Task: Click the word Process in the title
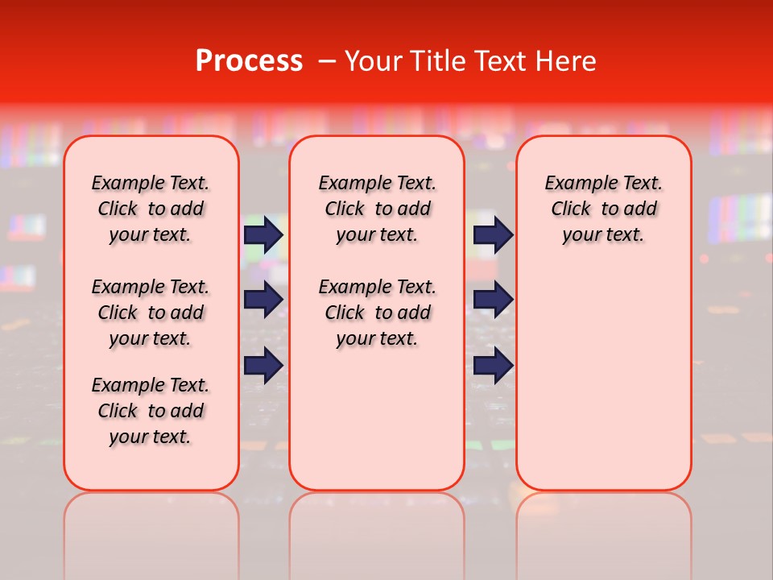tap(249, 61)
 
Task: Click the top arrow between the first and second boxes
tap(263, 234)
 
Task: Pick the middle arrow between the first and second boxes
tap(263, 300)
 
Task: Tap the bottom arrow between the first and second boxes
tap(263, 366)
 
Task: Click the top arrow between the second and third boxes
tap(493, 234)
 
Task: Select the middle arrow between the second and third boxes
tap(493, 300)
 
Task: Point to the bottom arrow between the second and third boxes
tap(493, 366)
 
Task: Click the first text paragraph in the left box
tap(151, 209)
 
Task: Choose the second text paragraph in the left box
tap(151, 313)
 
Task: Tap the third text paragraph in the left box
tap(151, 411)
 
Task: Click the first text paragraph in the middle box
tap(377, 209)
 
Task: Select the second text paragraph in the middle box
tap(377, 313)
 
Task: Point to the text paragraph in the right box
tap(603, 209)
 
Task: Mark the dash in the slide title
tap(327, 61)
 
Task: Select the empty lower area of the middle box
tap(377, 419)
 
